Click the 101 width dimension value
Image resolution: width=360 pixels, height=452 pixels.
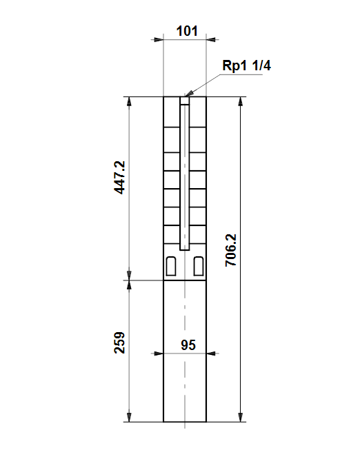tap(187, 31)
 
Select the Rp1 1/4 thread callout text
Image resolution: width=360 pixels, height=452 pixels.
tap(247, 65)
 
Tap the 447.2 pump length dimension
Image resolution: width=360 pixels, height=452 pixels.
tap(120, 178)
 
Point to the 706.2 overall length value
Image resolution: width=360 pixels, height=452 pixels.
tap(231, 250)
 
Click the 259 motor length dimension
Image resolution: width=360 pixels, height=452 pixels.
tap(120, 342)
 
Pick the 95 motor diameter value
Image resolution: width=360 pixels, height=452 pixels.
tap(188, 345)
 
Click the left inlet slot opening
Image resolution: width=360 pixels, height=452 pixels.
tap(171, 266)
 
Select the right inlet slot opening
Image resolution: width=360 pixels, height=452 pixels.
tap(199, 266)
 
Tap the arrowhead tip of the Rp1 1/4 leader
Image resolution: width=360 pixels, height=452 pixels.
tap(186, 96)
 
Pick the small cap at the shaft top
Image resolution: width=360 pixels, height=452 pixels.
tap(185, 101)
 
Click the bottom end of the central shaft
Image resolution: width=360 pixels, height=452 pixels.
tap(185, 249)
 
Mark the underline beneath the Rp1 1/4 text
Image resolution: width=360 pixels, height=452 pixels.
tap(241, 74)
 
